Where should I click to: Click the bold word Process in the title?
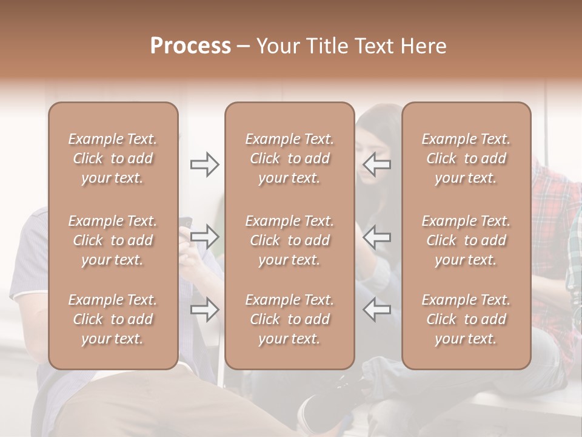click(190, 46)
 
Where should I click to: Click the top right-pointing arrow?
click(204, 164)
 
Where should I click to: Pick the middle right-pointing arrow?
click(204, 236)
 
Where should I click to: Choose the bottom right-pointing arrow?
click(204, 309)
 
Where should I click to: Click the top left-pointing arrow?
click(377, 164)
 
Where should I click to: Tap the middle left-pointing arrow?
click(377, 236)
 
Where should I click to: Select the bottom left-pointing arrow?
click(377, 309)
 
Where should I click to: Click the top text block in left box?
click(113, 158)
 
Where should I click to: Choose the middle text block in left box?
click(113, 240)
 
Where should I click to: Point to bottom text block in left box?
click(113, 319)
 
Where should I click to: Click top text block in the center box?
click(290, 158)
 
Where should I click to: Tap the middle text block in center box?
click(290, 240)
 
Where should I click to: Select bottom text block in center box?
click(290, 319)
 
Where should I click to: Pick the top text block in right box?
click(466, 158)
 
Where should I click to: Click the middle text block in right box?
click(466, 240)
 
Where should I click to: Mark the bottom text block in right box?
click(466, 319)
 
